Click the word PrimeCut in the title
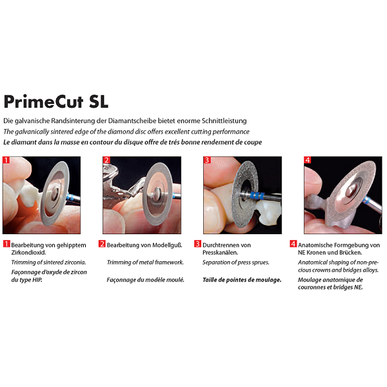coord(43,101)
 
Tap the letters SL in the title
coord(99,101)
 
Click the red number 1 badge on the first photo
coord(6,160)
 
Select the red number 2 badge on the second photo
coord(106,160)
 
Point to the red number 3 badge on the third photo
coord(207,160)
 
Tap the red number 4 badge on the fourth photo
coord(308,160)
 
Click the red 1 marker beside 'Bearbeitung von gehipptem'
coord(6,244)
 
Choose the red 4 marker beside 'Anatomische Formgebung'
coord(293,244)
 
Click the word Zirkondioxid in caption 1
coord(28,253)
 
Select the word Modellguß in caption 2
coord(167,245)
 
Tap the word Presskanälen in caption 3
coord(220,253)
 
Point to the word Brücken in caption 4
coord(351,253)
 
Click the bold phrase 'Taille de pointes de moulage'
coord(242,280)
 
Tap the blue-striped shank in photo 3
coord(257,195)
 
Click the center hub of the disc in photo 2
coord(156,193)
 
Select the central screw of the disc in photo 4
coord(350,190)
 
